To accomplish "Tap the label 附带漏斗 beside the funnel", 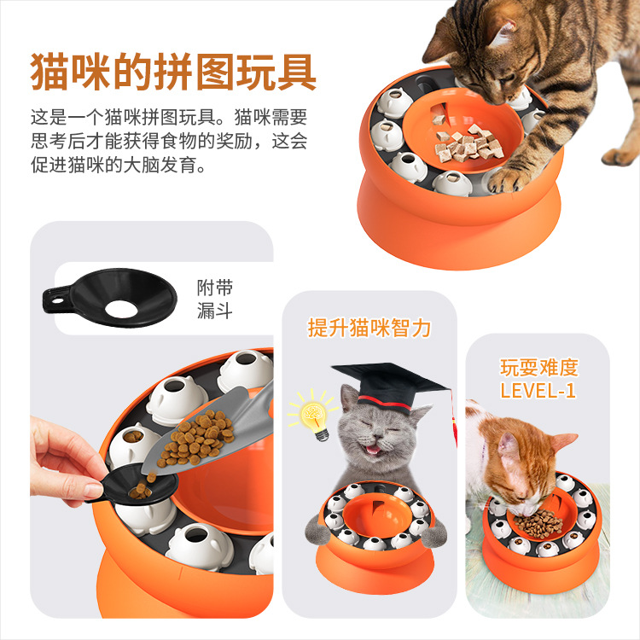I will pos(212,299).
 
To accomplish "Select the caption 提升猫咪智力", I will pos(369,328).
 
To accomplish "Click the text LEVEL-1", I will pos(538,391).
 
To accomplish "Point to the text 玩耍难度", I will pos(538,369).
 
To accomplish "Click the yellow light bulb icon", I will pos(312,415).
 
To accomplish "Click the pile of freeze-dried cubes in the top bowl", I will pos(465,142).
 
